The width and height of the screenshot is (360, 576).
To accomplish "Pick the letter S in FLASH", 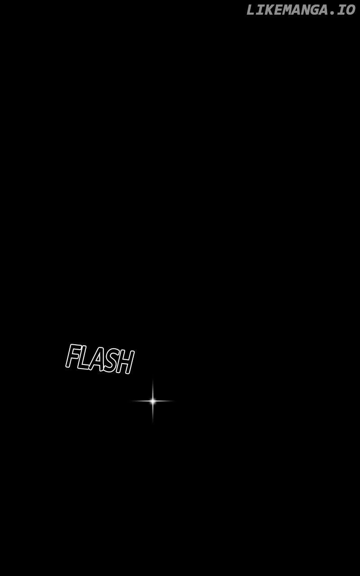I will [x=112, y=363].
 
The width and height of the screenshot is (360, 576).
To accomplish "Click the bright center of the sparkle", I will [x=153, y=400].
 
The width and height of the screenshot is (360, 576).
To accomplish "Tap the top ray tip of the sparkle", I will [x=153, y=380].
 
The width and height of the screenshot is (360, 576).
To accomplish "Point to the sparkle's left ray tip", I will [x=132, y=400].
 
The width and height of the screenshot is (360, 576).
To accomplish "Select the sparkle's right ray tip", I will [x=173, y=400].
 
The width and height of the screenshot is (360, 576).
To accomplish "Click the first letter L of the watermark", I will [x=251, y=10].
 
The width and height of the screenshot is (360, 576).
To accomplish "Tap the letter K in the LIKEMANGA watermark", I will [x=269, y=10].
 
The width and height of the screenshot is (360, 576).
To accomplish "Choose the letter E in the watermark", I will [x=280, y=10].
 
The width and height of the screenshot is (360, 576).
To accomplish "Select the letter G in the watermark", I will [x=325, y=10].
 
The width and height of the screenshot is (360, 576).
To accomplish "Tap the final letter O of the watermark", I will [x=351, y=10].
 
